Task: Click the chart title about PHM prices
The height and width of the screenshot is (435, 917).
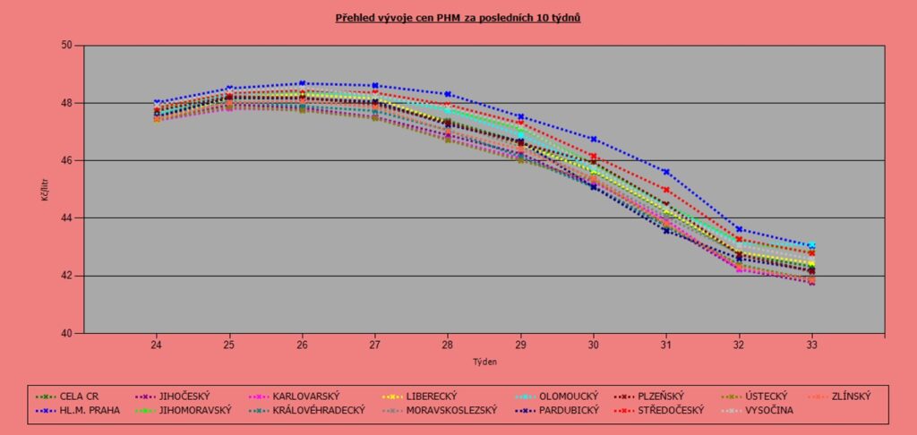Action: point(458,17)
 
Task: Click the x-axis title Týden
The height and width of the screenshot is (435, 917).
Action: point(484,362)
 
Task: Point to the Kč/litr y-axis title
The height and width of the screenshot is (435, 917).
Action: point(46,189)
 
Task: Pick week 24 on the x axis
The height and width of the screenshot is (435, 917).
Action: point(156,345)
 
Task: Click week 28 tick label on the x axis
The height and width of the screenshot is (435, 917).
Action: point(447,345)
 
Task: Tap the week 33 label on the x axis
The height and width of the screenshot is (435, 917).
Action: point(811,345)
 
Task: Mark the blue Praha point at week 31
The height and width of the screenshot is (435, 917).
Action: point(665,172)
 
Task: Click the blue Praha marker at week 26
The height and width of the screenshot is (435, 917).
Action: point(302,83)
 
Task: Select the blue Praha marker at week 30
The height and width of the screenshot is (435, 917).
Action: point(593,139)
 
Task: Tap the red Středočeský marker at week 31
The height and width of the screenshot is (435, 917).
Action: point(665,190)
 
